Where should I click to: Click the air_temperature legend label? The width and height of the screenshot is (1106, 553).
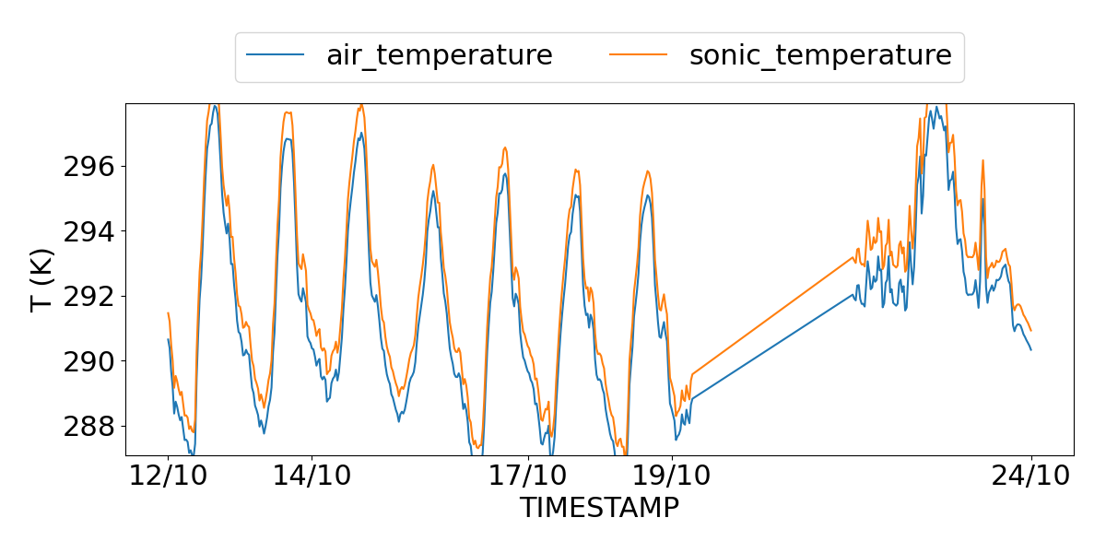click(x=439, y=55)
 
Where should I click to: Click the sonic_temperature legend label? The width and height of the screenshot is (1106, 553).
click(x=819, y=55)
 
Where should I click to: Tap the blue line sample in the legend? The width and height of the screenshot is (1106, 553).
click(x=275, y=55)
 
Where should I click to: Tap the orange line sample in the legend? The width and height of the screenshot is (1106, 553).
click(x=638, y=55)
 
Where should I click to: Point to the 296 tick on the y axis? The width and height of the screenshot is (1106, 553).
click(x=88, y=167)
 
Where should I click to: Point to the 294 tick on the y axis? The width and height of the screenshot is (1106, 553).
click(x=88, y=231)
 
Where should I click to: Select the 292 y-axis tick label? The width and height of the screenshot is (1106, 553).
click(x=88, y=297)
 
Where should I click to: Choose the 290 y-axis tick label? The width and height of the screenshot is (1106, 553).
click(x=88, y=361)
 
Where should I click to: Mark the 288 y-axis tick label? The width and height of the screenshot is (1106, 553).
click(x=88, y=426)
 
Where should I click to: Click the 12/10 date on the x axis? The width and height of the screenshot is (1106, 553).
click(x=168, y=477)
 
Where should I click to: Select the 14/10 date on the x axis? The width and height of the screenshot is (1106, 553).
click(x=312, y=477)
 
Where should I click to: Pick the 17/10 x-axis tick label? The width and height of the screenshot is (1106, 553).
click(x=528, y=477)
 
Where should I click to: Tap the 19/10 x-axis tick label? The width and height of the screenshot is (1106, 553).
click(x=672, y=477)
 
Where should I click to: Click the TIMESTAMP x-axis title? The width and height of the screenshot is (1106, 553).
click(x=599, y=508)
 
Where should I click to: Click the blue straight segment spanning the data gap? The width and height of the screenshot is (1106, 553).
click(x=774, y=346)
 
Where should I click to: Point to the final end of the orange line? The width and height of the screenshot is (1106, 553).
click(x=1031, y=331)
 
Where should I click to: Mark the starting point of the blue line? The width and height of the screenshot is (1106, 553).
click(x=168, y=339)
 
